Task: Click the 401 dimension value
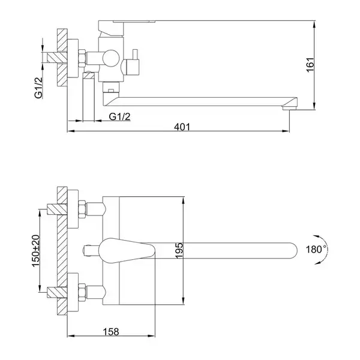tap(182, 127)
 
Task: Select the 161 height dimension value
tap(310, 65)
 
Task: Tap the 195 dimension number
tap(179, 251)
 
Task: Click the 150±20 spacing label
tap(36, 251)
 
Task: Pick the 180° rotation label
tap(316, 250)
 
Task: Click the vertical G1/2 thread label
tap(38, 88)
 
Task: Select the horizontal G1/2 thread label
tap(119, 116)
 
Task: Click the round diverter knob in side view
tap(111, 58)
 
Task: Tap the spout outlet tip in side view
tap(290, 108)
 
